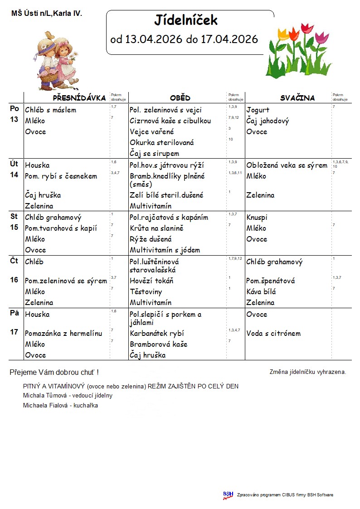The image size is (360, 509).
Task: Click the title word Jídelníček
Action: [186, 20]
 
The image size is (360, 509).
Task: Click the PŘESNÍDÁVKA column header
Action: [79, 98]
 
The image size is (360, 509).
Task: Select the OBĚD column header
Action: [180, 98]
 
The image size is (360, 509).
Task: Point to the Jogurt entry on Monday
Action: [258, 110]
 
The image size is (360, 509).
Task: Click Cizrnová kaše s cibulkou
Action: [170, 121]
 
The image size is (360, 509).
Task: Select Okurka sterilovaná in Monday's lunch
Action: [162, 143]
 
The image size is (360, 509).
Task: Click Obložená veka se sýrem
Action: [287, 165]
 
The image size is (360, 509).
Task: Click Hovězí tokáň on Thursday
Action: [151, 281]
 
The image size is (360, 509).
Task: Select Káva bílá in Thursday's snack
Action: [261, 292]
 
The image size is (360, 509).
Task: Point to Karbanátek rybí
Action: [157, 334]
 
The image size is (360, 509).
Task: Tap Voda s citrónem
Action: [273, 334]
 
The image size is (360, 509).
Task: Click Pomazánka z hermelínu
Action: [63, 334]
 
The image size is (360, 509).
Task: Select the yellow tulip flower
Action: [284, 34]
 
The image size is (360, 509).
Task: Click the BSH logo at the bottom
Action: [228, 495]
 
